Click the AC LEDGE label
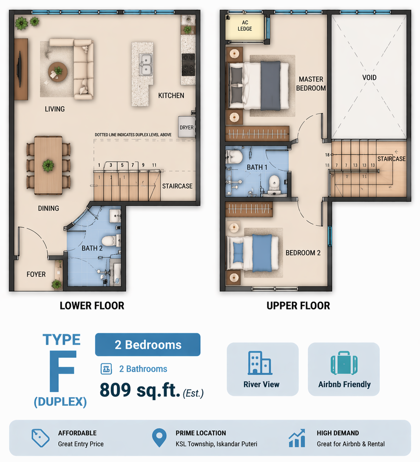[245, 26]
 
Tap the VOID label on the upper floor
[369, 77]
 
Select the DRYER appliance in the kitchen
[187, 127]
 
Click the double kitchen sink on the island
[146, 65]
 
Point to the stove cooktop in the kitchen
[188, 65]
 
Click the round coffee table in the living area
[58, 72]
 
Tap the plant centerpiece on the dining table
[48, 165]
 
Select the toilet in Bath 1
[275, 183]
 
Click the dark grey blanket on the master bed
[270, 86]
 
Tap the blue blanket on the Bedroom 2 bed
[262, 253]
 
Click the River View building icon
[260, 363]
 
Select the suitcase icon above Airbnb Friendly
[344, 363]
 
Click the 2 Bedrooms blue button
[147, 345]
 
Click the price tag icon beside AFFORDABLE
[40, 438]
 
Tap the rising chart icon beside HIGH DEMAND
[297, 438]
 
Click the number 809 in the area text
[115, 390]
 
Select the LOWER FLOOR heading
[92, 306]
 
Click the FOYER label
[36, 274]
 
